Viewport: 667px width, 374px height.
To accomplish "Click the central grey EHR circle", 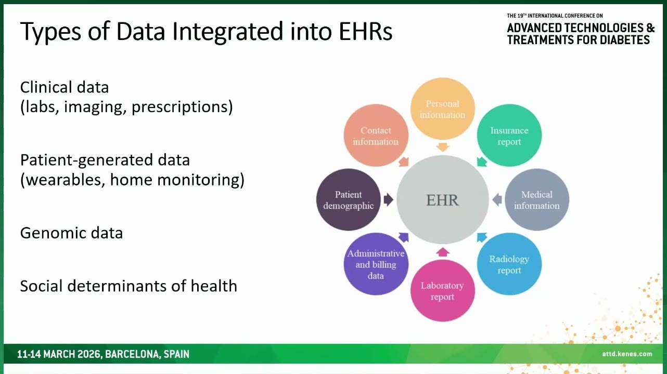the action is coord(442,199).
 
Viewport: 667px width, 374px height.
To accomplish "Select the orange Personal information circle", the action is coord(442,109).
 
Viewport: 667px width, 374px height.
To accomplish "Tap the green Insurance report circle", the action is coord(509,135).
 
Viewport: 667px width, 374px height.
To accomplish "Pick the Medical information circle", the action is coord(537,199).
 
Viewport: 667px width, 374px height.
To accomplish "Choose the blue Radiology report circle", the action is coord(509,264).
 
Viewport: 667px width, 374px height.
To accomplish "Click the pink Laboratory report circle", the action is coord(442,290).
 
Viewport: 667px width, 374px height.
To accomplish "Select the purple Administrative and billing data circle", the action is coord(376,264).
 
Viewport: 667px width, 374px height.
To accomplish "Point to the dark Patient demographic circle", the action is coord(349,199).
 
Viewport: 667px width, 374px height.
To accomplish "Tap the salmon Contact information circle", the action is coord(376,135).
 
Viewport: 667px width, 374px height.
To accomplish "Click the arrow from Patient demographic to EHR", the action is coord(388,199).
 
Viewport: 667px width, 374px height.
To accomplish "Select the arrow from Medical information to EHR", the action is coord(497,199).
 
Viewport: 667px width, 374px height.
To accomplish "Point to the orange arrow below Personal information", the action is coord(442,147).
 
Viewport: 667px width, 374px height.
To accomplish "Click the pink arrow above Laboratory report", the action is coord(442,252).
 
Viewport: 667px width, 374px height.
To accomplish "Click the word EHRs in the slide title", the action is coord(365,31).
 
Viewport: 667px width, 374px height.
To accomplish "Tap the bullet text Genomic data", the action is coord(71,233).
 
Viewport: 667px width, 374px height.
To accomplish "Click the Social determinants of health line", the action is coord(129,286).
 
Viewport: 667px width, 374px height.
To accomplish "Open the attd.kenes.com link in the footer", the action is coord(627,354).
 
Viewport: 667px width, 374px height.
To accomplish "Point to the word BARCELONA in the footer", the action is coord(133,354).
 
